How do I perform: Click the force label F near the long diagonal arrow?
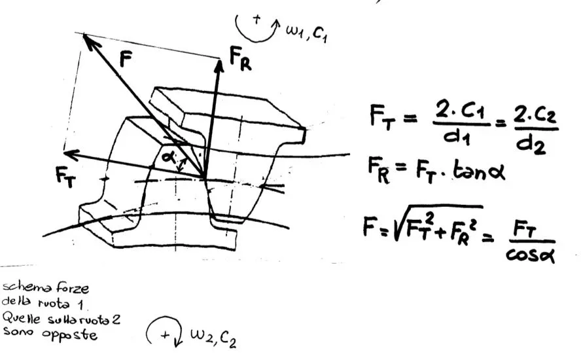(126, 59)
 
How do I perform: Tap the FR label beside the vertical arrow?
(240, 58)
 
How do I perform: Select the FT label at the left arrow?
(65, 177)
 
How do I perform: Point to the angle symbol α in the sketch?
(169, 157)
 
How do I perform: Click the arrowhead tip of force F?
(83, 34)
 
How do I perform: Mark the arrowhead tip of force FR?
(220, 60)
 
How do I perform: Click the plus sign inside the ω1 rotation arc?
(256, 19)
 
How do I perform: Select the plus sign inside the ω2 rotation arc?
(164, 335)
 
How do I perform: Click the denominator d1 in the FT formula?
(457, 137)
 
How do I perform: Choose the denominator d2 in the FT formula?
(531, 143)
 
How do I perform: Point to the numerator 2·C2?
(535, 116)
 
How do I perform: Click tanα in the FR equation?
(479, 171)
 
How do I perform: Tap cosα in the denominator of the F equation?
(530, 254)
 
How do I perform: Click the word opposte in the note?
(69, 334)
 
